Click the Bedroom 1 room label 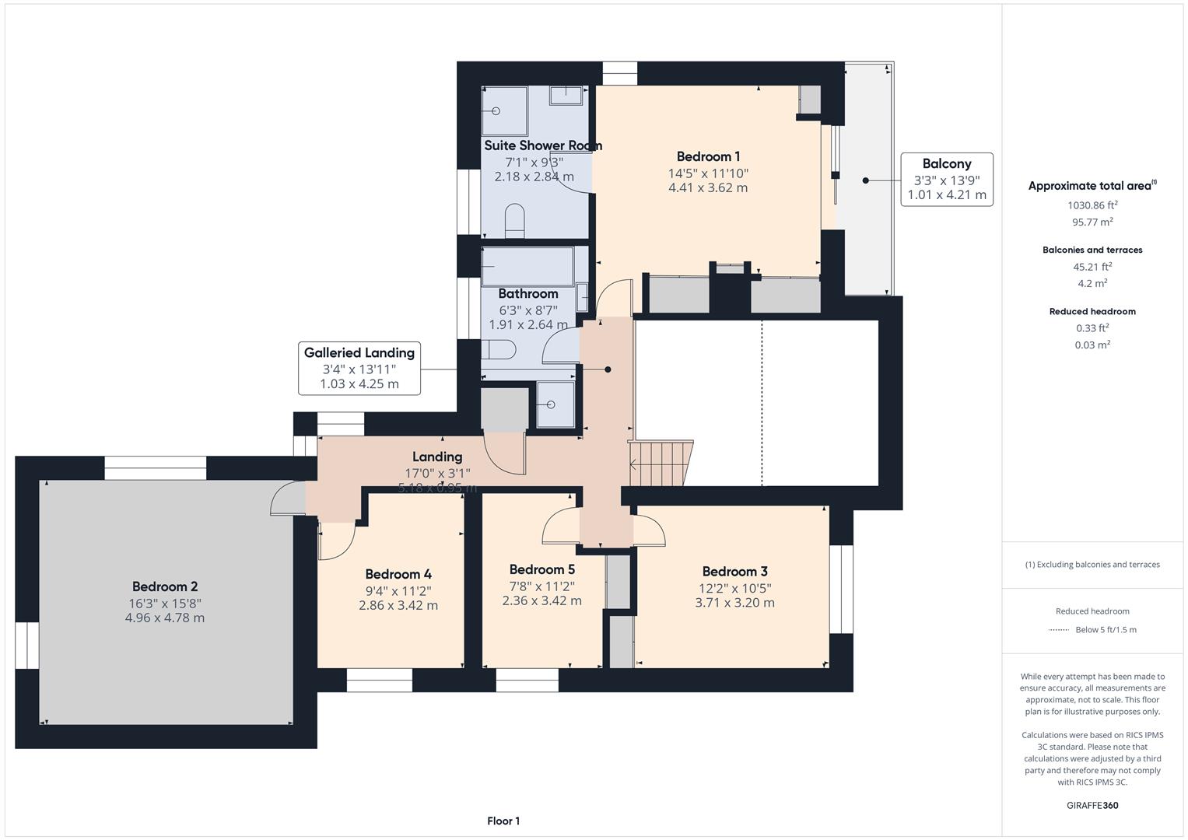click(707, 157)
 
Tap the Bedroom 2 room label click(164, 587)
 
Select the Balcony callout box click(946, 179)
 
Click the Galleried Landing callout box click(359, 368)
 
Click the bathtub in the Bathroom click(527, 267)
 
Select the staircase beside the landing click(661, 464)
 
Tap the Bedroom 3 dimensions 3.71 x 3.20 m click(734, 603)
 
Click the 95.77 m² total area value click(1092, 222)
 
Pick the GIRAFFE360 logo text click(1092, 805)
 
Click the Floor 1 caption click(503, 821)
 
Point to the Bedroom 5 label click(541, 570)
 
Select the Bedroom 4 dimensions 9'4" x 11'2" click(398, 591)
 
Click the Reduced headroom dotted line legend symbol click(1058, 630)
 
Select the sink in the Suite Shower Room click(566, 95)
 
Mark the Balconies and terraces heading click(1092, 250)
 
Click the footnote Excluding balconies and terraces click(1092, 565)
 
